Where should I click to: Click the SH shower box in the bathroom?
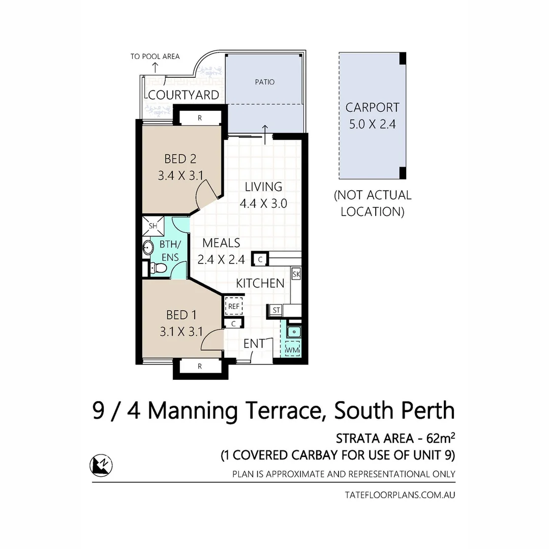coord(152,225)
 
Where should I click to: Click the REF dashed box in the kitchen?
coord(234,306)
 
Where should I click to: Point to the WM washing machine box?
coord(292,350)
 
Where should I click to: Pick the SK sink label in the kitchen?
coord(296,274)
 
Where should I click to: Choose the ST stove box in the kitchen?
coord(276,310)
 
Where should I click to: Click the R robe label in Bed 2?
coord(199,118)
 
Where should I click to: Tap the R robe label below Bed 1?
coord(199,366)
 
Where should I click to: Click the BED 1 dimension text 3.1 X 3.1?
coord(181,332)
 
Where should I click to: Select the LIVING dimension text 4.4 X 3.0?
coord(263,203)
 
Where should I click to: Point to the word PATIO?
coord(264,82)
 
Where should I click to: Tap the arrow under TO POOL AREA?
coord(155,66)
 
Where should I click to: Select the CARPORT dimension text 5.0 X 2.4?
coord(372,124)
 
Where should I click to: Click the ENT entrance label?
coord(254,344)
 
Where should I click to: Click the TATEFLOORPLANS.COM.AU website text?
coord(400,495)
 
